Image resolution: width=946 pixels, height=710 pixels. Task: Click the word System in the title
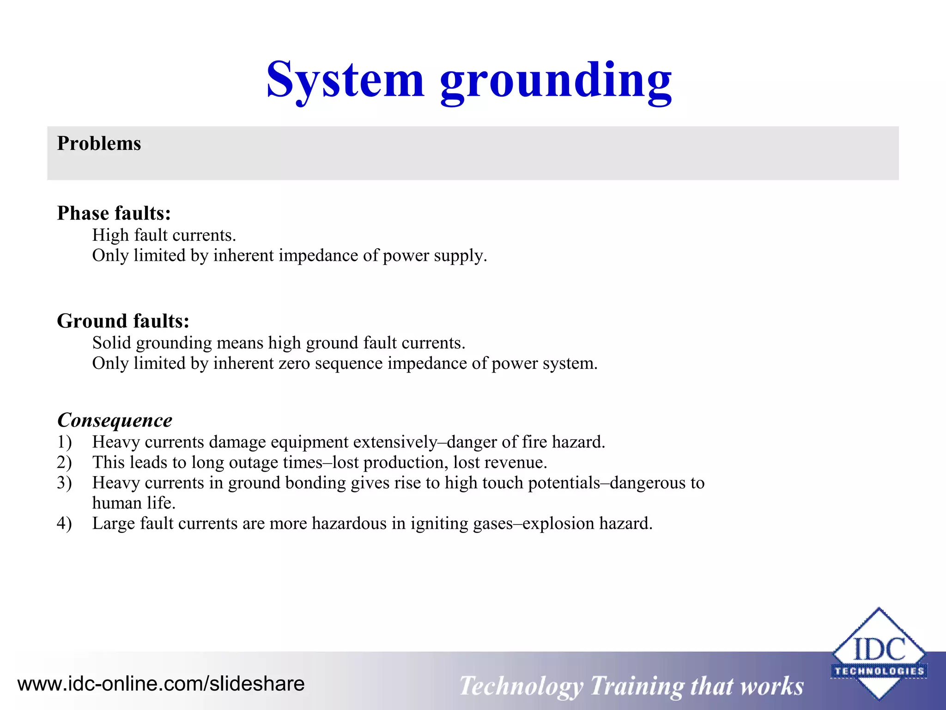(345, 81)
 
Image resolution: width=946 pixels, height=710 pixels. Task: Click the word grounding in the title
(556, 83)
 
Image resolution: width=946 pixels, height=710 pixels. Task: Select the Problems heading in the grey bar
(99, 143)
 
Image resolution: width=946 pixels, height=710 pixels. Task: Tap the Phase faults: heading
(114, 214)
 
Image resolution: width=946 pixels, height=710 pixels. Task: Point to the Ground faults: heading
(123, 321)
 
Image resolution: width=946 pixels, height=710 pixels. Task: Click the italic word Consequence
(115, 420)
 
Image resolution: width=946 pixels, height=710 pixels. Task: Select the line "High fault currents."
(164, 235)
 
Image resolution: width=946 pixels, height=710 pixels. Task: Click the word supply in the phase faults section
(458, 256)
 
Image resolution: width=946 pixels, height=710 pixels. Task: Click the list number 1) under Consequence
(65, 442)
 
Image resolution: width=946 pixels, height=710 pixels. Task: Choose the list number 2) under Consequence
(65, 463)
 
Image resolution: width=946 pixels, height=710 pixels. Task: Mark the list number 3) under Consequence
(65, 483)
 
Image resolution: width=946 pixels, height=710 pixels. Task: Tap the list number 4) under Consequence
(65, 524)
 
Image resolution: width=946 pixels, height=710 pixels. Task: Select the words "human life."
(134, 503)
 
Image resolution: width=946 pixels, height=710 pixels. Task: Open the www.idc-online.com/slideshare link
(161, 684)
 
